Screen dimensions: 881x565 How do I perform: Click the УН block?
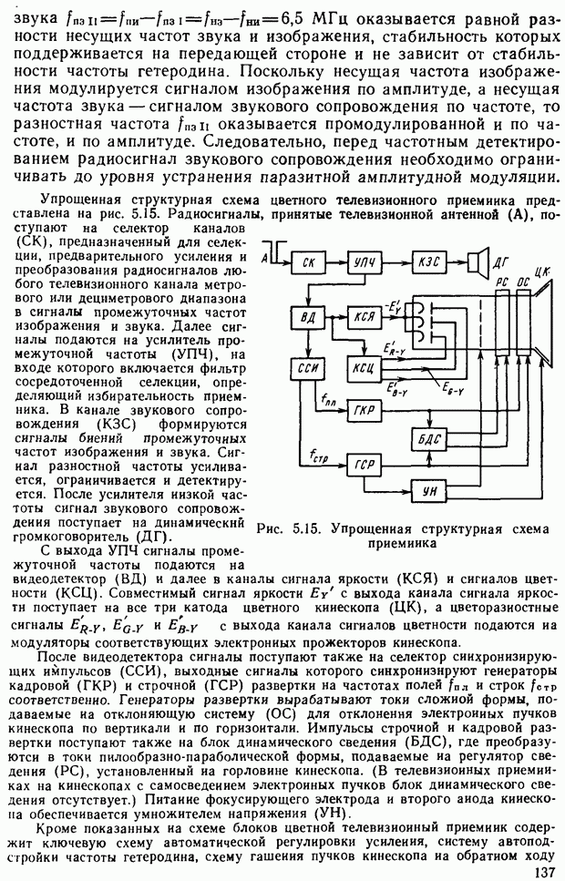(428, 492)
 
